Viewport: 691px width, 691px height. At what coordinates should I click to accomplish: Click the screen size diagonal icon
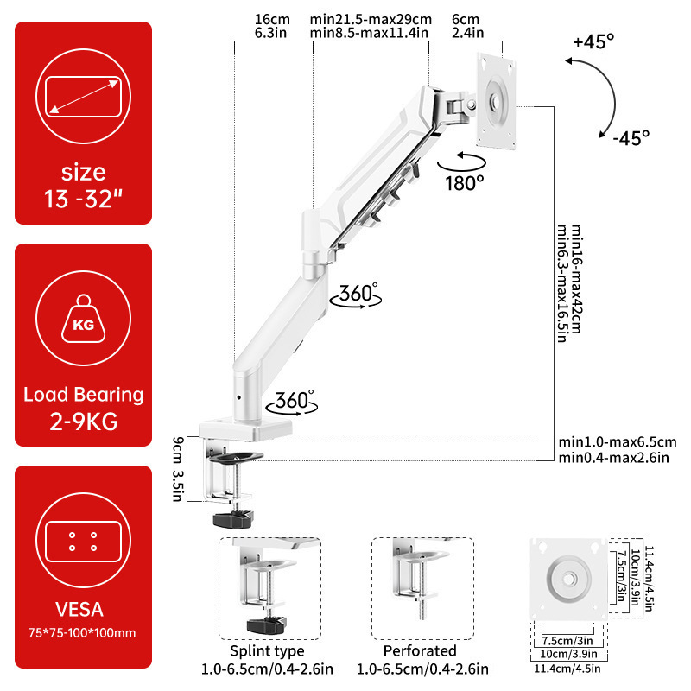84,94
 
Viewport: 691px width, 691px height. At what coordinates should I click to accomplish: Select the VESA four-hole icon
84,542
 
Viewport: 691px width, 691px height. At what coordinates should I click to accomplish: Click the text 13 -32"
84,201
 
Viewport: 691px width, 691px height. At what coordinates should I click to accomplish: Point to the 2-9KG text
84,423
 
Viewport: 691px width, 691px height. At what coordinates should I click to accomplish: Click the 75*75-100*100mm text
84,633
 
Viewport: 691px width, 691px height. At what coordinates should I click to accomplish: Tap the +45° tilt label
593,41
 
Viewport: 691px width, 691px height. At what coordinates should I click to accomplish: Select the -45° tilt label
630,136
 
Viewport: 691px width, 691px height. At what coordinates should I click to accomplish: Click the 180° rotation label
466,183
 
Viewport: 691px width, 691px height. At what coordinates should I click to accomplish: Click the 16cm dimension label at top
272,19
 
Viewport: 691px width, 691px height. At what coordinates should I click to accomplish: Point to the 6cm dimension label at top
466,19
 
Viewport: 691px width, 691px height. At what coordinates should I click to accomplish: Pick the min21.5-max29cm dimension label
370,19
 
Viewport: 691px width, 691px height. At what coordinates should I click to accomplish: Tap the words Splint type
267,650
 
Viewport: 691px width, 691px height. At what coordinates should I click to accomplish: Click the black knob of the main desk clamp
233,519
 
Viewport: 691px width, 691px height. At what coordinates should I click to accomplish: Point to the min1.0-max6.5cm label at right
617,442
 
